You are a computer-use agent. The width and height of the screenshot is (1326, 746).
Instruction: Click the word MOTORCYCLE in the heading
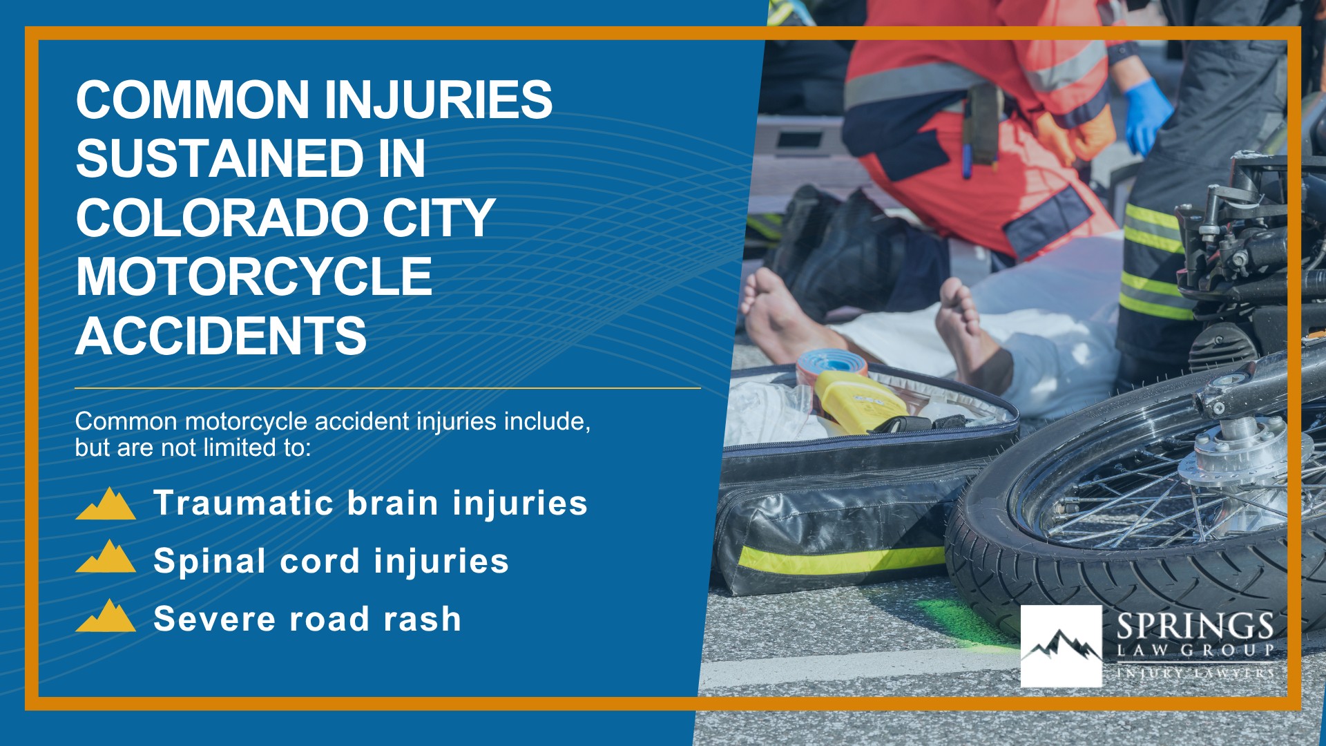(x=253, y=277)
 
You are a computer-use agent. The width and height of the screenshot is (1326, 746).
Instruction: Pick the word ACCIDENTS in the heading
(x=220, y=336)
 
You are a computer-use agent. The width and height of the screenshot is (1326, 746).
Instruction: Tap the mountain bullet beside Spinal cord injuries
(x=106, y=557)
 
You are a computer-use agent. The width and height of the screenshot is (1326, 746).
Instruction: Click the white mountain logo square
(x=1061, y=646)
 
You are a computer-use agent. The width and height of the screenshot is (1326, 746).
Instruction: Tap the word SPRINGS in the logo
(x=1195, y=627)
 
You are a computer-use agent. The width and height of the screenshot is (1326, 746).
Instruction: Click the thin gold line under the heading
(x=387, y=388)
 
